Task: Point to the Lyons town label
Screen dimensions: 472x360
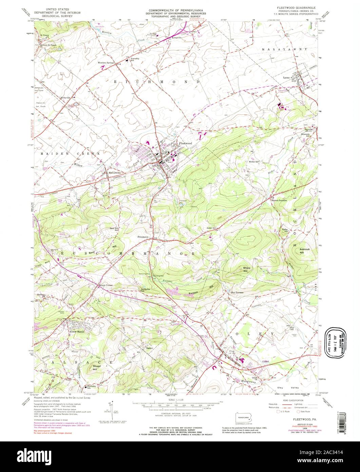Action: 287,78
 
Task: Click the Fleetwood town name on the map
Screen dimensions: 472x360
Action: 186,144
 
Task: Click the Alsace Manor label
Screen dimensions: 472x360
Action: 76,331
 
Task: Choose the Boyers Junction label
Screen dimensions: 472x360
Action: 279,200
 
